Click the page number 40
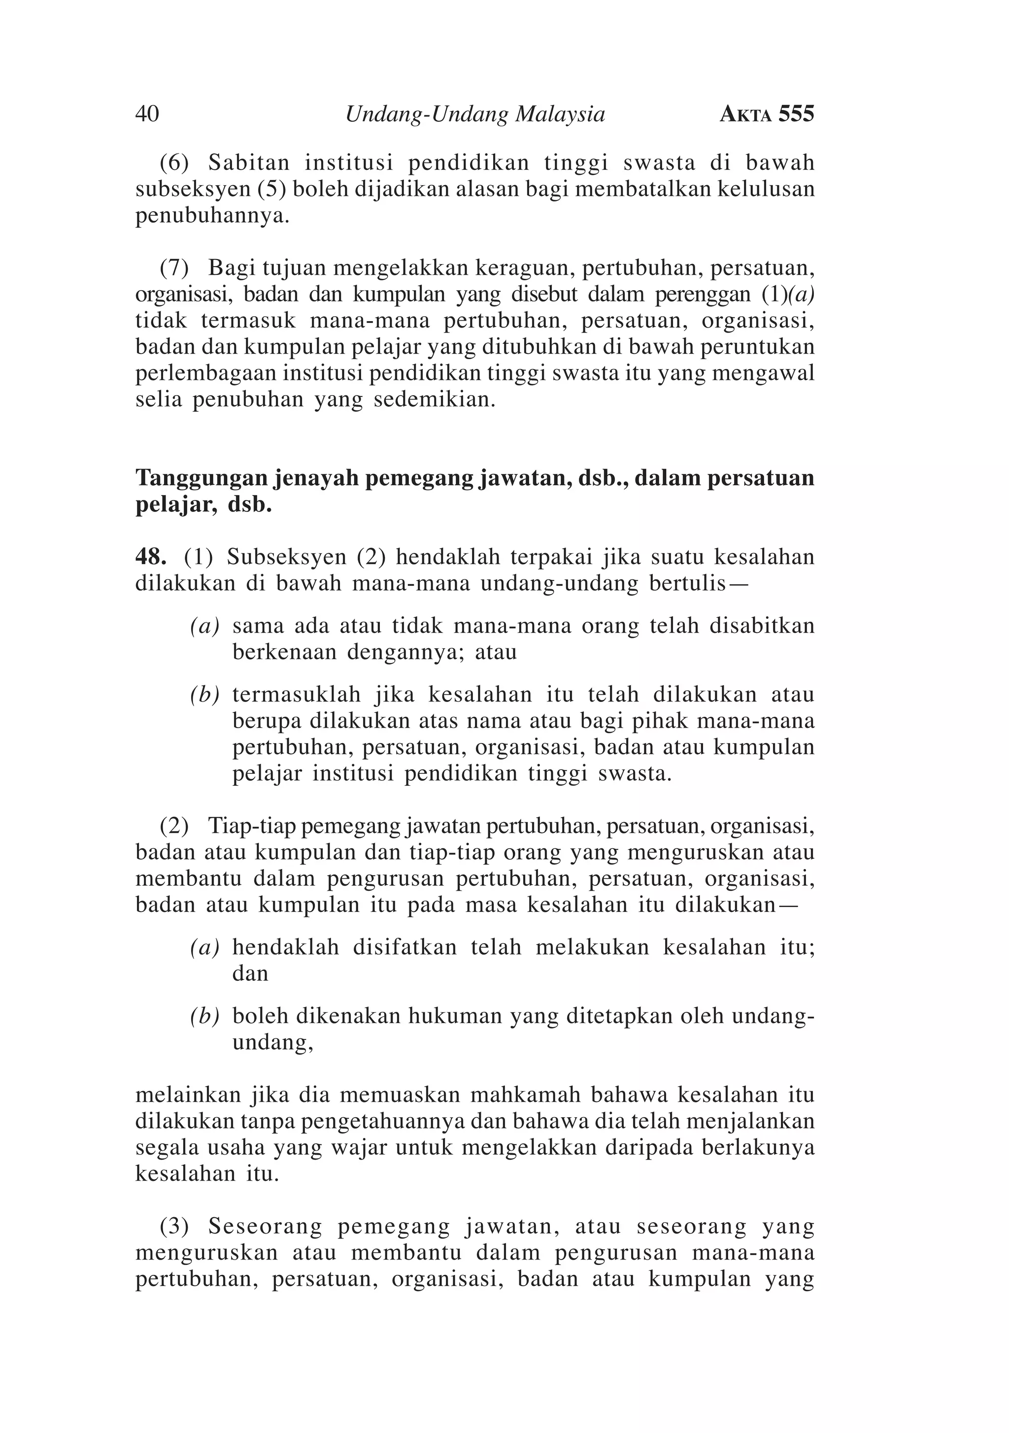point(147,114)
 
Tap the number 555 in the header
point(796,114)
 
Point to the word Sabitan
point(249,163)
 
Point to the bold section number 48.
point(150,557)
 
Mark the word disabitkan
point(762,626)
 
